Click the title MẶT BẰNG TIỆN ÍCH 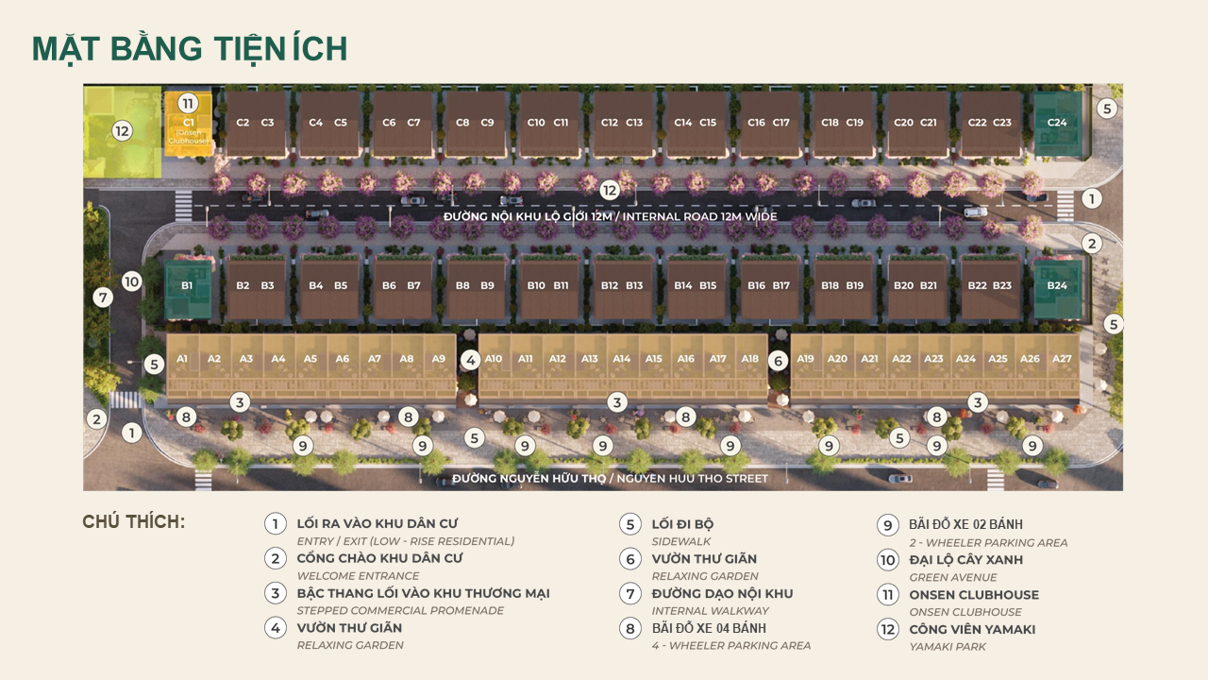tap(190, 49)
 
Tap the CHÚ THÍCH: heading tap(134, 522)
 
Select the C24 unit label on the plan tap(1057, 122)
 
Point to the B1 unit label tap(187, 285)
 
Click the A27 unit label tap(1062, 359)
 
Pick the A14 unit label tap(621, 359)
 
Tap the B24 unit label tap(1057, 285)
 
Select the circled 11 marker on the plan tap(188, 103)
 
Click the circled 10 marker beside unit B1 tap(131, 280)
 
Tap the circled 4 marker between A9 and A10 tap(470, 360)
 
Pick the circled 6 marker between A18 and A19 tap(778, 360)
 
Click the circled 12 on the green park tap(122, 131)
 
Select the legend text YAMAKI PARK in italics tap(948, 647)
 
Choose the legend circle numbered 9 tap(887, 525)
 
